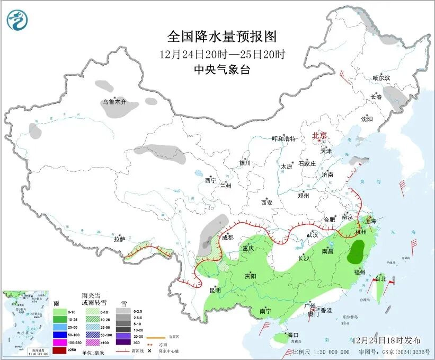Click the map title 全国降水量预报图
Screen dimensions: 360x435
222,37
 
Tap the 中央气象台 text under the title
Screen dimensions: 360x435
222,70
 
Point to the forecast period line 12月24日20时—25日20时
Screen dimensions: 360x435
222,54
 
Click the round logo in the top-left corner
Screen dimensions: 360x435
17,20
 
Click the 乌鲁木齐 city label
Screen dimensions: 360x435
115,101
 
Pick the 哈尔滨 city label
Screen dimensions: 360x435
381,78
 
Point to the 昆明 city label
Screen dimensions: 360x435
215,290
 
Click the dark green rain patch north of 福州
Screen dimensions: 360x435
356,251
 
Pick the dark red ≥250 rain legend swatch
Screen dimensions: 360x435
60,350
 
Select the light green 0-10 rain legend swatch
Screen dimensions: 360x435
60,311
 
